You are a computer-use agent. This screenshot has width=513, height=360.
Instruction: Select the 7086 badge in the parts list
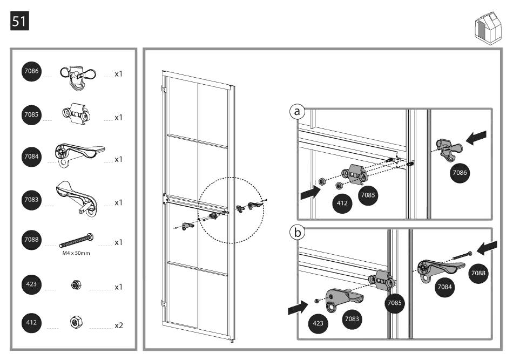pos(31,72)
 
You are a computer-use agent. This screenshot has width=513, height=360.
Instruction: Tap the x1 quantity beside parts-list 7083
pos(119,202)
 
